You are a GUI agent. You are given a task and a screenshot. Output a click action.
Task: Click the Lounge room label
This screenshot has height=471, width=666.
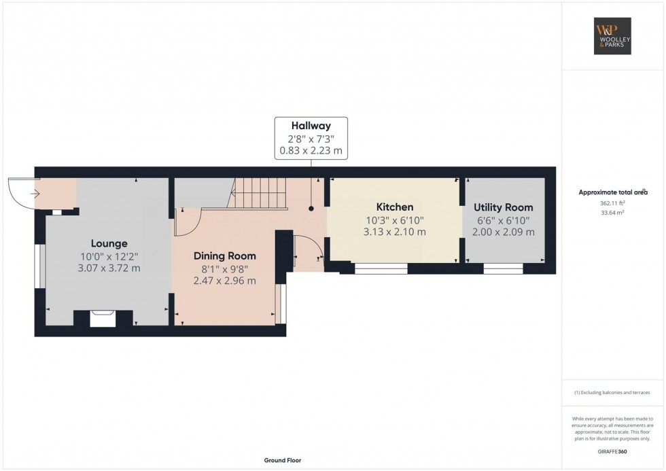[109, 243]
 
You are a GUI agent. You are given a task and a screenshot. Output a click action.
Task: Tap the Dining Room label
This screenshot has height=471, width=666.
[225, 256]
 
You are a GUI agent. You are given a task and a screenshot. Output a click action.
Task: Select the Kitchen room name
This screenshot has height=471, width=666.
[395, 207]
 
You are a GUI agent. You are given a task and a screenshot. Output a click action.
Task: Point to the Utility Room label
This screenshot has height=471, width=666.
[504, 207]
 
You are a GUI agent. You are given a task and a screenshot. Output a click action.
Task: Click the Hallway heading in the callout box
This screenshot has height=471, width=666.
[311, 126]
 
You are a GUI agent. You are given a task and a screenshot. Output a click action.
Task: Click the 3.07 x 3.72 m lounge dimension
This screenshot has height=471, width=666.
[109, 268]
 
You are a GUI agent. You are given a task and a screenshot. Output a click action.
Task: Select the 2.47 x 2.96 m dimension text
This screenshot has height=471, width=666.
[225, 280]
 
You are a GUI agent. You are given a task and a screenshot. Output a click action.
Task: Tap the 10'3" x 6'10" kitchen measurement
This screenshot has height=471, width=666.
[395, 220]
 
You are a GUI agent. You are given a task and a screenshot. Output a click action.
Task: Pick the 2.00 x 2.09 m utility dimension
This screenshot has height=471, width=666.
[504, 232]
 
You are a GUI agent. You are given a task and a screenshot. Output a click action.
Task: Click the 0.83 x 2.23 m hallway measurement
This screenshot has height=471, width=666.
[311, 150]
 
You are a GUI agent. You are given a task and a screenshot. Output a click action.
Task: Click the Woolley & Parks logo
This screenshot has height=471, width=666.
[612, 36]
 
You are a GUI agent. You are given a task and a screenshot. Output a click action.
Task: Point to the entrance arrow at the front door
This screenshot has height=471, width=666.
[35, 194]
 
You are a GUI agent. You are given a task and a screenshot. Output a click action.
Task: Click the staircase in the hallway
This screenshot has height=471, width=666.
[257, 193]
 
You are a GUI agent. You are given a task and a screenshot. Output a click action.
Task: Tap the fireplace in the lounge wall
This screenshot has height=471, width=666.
[103, 319]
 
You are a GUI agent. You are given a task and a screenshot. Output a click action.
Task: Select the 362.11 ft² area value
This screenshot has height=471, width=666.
[612, 203]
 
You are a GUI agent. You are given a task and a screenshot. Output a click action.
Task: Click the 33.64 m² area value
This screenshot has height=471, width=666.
[612, 213]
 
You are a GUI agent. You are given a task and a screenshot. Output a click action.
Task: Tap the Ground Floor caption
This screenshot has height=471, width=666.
[283, 460]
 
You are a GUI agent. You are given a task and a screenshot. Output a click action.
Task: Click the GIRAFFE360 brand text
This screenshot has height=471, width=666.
[612, 451]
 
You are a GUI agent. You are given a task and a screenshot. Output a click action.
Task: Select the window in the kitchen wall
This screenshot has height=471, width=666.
[381, 268]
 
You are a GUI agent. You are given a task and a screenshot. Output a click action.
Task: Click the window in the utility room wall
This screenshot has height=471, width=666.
[504, 268]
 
